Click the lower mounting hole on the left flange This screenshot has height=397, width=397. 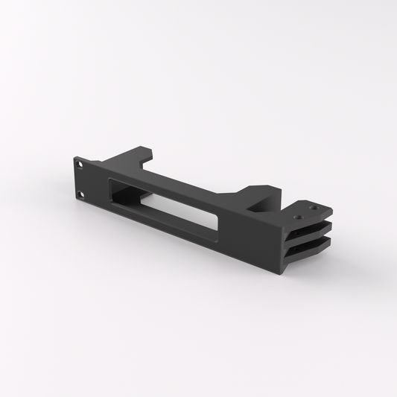[83, 195]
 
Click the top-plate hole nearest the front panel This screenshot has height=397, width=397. [299, 217]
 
